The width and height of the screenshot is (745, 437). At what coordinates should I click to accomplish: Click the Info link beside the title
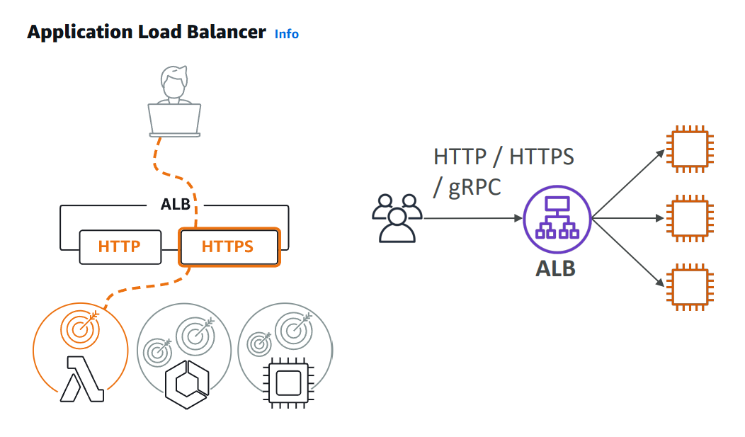pos(286,34)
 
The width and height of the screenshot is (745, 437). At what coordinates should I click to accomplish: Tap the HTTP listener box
pos(119,247)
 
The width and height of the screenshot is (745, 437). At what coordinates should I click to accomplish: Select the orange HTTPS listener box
pos(228,247)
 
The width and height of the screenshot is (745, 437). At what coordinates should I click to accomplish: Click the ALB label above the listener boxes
pos(175,205)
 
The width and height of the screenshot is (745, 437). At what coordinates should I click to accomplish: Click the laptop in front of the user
pos(174,120)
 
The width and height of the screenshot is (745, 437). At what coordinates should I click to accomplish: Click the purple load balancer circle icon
pos(556,218)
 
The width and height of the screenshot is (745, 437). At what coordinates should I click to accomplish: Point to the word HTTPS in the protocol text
pos(542,157)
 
